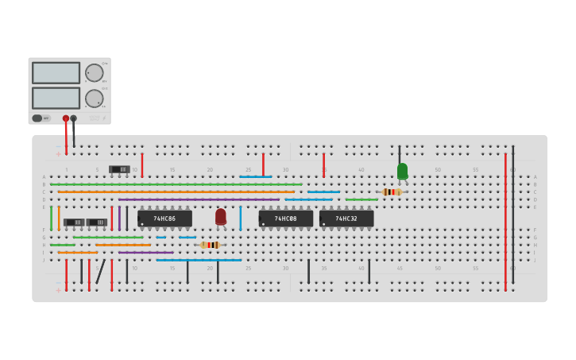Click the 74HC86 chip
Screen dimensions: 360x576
165,218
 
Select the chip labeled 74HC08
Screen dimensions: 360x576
285,218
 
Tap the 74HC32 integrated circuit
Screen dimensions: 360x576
346,218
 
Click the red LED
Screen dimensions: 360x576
221,215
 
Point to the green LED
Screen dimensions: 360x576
402,171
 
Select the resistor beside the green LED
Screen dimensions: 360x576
391,192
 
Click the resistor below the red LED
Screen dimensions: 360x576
210,245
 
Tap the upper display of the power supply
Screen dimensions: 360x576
56,72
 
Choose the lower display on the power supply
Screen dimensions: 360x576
56,98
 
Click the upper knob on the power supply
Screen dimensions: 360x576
95,72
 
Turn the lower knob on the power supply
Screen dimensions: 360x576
95,99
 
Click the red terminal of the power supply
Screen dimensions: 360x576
66,118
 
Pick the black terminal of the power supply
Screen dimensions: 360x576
74,118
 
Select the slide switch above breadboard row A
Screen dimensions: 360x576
119,169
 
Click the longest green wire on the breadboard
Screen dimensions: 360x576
175,184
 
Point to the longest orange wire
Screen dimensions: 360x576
175,192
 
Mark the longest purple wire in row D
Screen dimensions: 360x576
199,199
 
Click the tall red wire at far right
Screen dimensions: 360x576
505,223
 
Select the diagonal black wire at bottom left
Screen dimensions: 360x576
101,271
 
